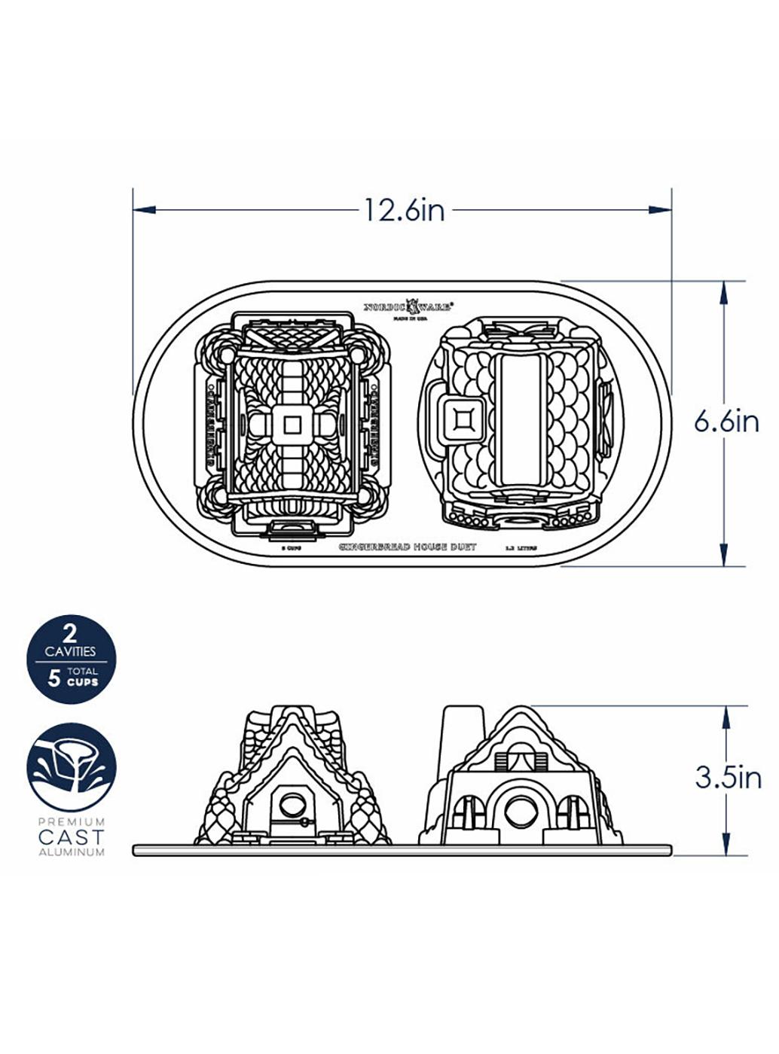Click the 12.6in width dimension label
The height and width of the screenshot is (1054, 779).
click(x=405, y=211)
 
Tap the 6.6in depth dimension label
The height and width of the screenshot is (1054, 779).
click(x=726, y=422)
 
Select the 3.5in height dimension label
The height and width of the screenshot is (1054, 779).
click(x=728, y=777)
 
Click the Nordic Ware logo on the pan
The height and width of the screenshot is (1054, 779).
click(x=408, y=306)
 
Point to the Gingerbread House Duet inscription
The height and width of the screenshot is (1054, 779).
click(x=408, y=547)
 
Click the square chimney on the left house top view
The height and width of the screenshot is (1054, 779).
click(x=291, y=425)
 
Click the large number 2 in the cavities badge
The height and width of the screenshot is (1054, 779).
click(x=71, y=630)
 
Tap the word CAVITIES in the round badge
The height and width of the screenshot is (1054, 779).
click(x=71, y=651)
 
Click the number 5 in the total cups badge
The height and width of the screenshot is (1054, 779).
click(x=54, y=678)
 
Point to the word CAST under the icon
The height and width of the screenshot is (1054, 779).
click(x=72, y=836)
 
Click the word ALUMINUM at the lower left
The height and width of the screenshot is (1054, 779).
click(x=72, y=852)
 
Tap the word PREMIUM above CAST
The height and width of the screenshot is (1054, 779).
click(x=72, y=821)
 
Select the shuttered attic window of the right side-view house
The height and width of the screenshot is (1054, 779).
click(x=519, y=755)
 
